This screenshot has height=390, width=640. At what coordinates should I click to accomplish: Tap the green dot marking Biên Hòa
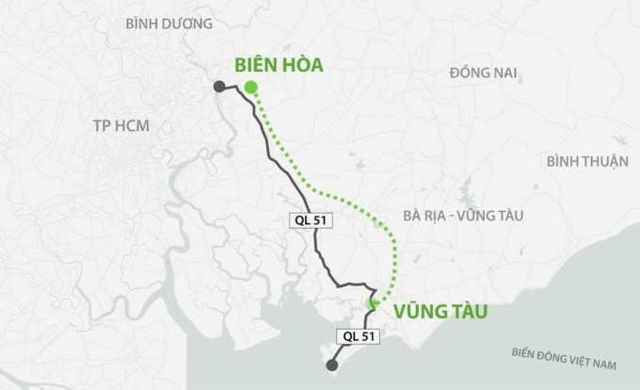point(250,88)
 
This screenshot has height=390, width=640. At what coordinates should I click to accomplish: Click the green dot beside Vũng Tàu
point(372,302)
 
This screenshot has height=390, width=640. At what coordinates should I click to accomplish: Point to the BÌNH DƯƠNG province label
point(168,24)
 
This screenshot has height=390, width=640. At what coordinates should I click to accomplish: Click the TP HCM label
point(122,126)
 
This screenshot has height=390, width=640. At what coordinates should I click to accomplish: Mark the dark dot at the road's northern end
point(218,87)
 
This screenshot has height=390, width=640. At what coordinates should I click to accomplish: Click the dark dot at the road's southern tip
point(330,366)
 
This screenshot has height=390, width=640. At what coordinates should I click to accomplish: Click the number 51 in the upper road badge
point(322,219)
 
